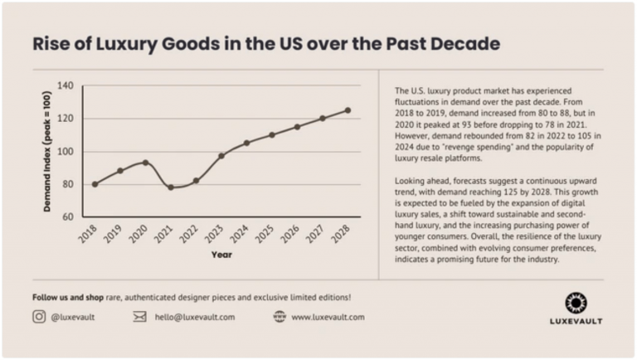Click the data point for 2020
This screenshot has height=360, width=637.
(145, 163)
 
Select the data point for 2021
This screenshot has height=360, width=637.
(171, 187)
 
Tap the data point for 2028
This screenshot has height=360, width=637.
(348, 110)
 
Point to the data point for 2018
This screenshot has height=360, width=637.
(95, 184)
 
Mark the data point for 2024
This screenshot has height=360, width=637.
(246, 143)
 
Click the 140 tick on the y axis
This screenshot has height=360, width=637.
(66, 86)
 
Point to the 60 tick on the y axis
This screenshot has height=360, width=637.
(68, 217)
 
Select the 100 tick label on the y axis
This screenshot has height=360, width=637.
(66, 152)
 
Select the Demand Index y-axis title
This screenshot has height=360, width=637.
(47, 152)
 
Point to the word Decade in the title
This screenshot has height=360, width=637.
(460, 44)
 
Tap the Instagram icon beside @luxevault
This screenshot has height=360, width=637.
(39, 316)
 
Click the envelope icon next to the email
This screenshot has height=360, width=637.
(139, 316)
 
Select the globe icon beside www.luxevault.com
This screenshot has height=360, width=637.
(280, 316)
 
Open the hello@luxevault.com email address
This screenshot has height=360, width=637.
(195, 316)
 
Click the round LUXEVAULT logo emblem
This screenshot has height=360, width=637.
(576, 302)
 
